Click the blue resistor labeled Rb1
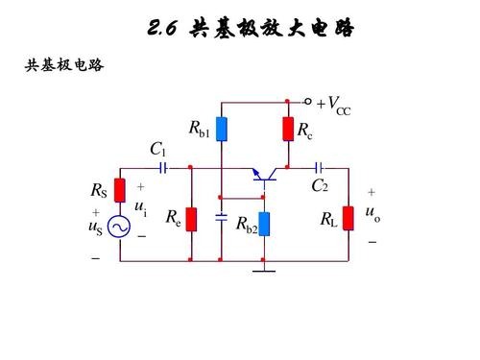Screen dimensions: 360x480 point(222,130)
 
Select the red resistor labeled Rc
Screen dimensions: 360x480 point(287,129)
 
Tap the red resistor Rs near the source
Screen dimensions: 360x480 point(120,189)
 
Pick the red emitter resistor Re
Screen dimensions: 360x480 point(191,220)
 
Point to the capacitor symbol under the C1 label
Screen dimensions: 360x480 point(163,167)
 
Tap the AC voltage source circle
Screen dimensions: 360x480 point(120,227)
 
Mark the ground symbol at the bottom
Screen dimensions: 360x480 point(263,271)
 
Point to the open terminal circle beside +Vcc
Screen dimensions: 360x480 point(308,101)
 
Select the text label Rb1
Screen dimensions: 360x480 point(199,130)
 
